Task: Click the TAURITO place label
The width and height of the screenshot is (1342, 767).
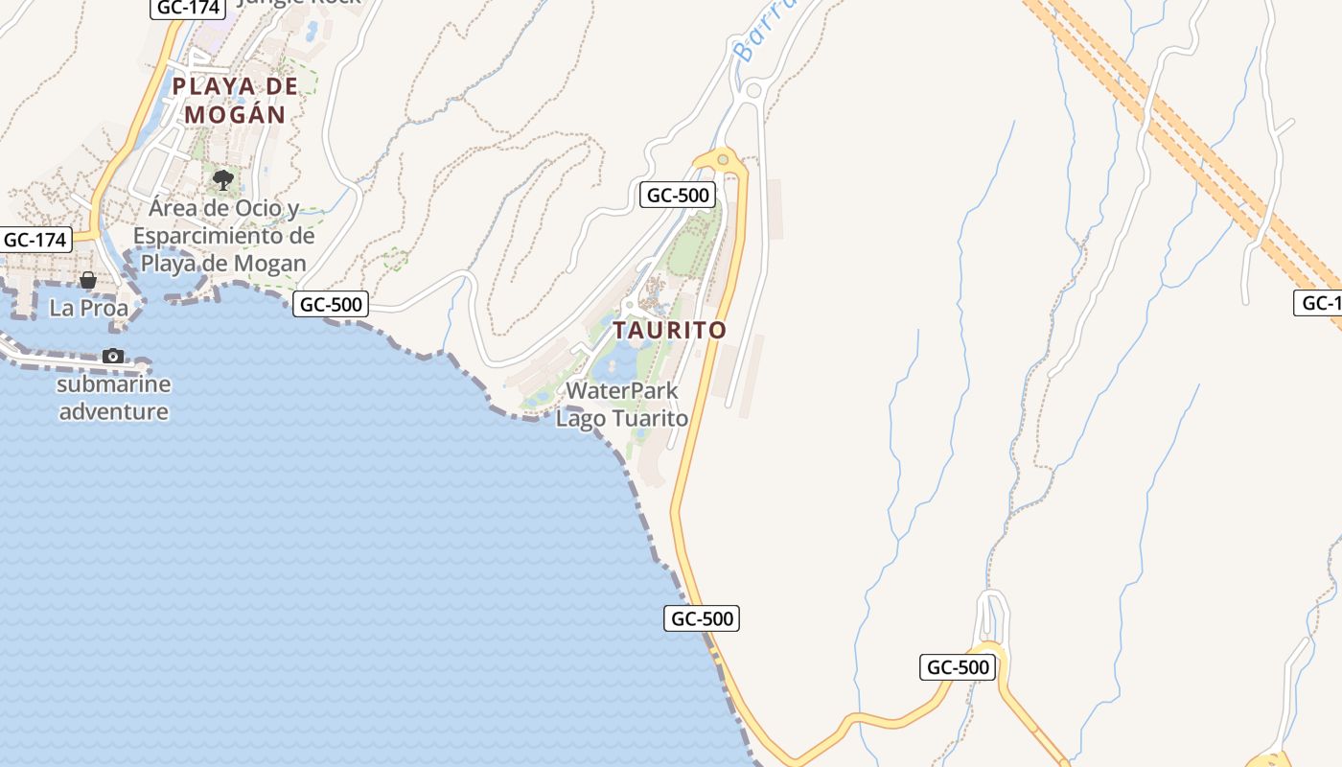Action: coord(669,330)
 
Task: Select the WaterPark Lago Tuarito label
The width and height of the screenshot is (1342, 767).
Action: coord(622,405)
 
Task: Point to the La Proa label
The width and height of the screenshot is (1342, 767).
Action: coord(88,308)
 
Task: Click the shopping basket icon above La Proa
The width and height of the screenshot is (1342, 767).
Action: coord(88,280)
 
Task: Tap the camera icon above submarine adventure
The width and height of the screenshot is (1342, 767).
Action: coord(113,356)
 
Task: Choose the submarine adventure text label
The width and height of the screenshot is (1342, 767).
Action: coord(113,398)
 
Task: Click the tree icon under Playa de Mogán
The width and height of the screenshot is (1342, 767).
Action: coord(223,179)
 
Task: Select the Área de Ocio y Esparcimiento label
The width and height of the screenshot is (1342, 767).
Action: coord(223,235)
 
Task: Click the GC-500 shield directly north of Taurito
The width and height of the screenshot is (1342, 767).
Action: coord(678,196)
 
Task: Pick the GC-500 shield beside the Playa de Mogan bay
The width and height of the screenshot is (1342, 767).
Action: coord(331,305)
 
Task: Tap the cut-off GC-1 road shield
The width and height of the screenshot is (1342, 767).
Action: coord(1319,304)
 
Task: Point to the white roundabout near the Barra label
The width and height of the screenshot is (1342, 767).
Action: coord(752,91)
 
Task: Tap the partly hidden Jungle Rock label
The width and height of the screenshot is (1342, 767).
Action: coord(299,3)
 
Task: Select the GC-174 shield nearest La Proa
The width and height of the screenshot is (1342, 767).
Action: coord(36,240)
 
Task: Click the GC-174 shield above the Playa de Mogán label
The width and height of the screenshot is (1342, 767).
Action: coord(188,8)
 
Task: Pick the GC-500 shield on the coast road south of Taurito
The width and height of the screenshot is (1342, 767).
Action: coord(702,618)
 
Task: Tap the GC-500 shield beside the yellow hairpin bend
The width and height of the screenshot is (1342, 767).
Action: coord(957,667)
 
